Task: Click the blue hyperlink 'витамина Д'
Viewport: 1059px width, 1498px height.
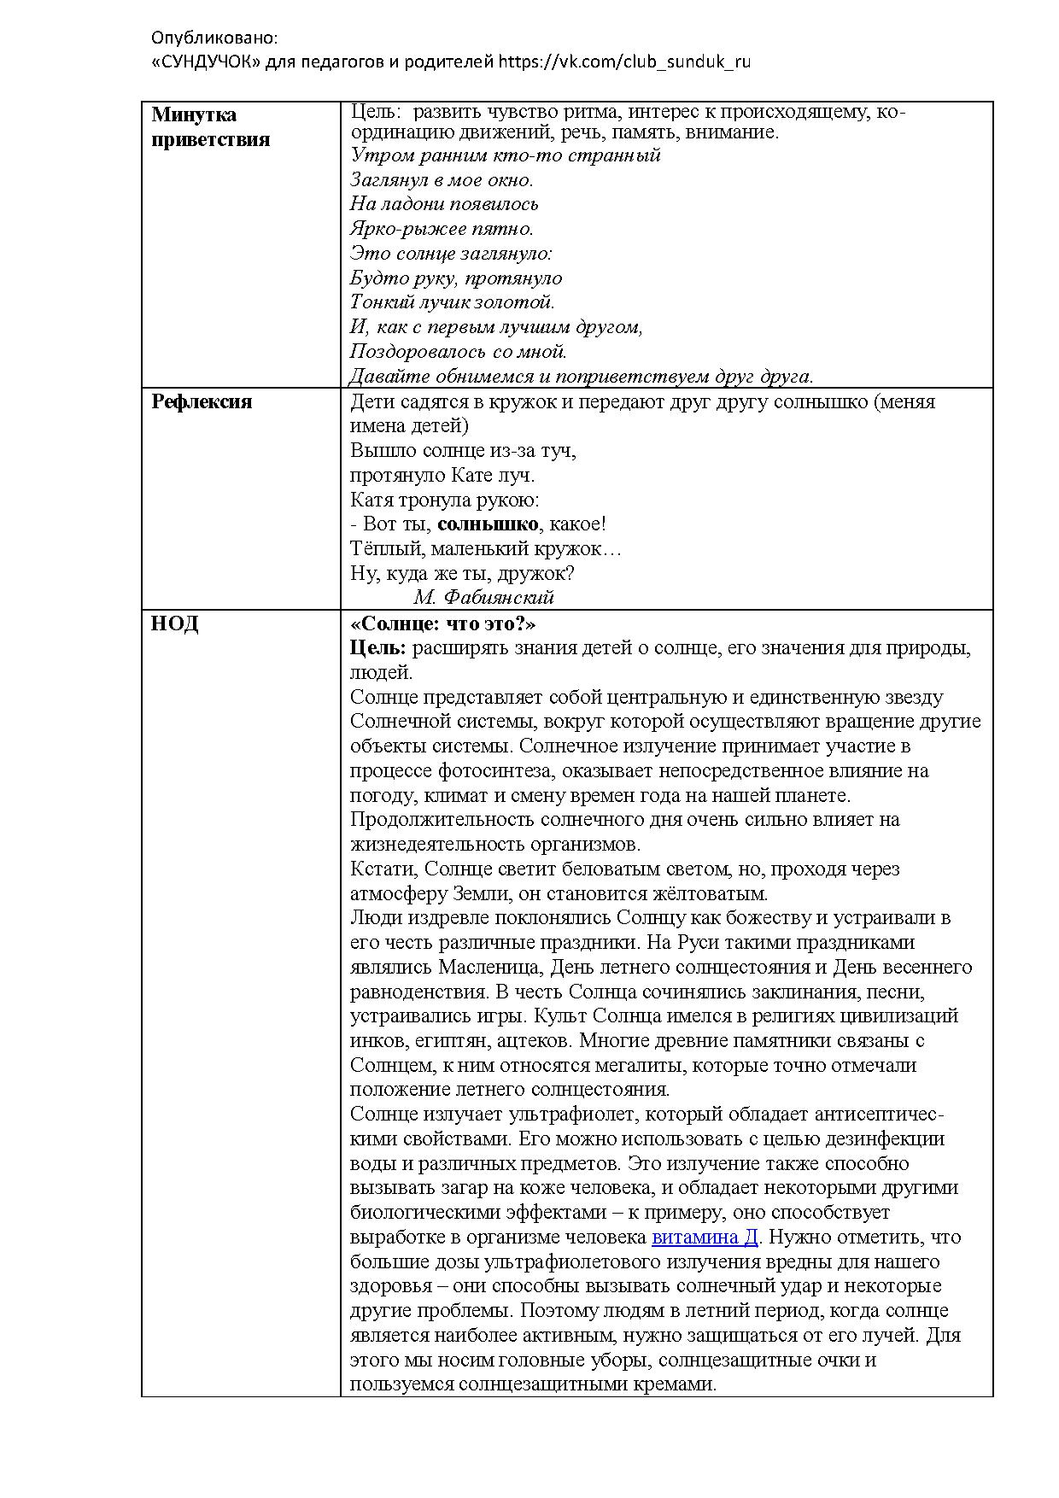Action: (705, 1238)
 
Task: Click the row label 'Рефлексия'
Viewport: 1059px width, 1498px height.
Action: (202, 402)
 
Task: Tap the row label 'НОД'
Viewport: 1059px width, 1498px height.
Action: (175, 624)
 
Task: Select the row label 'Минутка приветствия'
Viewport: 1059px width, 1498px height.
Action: (210, 127)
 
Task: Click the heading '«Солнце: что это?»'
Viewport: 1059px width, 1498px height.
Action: (443, 624)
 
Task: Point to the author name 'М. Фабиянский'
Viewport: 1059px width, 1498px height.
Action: (483, 597)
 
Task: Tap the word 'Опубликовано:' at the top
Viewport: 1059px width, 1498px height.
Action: (214, 38)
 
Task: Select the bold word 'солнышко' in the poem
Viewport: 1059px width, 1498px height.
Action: (488, 524)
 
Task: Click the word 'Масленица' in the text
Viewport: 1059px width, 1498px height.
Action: (490, 968)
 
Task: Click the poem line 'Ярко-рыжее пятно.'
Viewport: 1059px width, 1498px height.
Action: (442, 229)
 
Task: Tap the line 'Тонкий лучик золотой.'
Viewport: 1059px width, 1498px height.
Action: (453, 302)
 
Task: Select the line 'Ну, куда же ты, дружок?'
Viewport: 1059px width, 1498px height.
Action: (462, 573)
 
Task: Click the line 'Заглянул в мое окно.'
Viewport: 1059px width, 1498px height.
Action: (442, 180)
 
